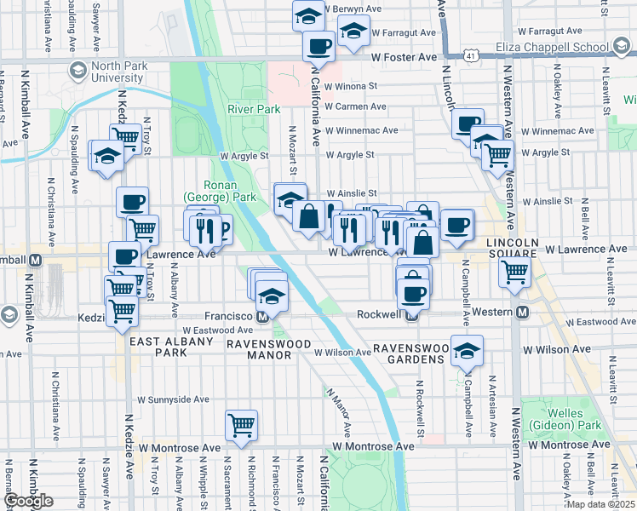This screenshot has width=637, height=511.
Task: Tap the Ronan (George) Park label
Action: coord(231,191)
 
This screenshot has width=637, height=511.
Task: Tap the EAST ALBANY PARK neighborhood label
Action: coord(158,346)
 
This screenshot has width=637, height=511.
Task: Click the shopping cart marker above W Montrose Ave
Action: coord(242,424)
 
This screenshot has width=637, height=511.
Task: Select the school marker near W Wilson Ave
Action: coord(466,352)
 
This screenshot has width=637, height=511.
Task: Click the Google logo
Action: coord(30,500)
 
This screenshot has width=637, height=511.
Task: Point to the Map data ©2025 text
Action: coord(600,504)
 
